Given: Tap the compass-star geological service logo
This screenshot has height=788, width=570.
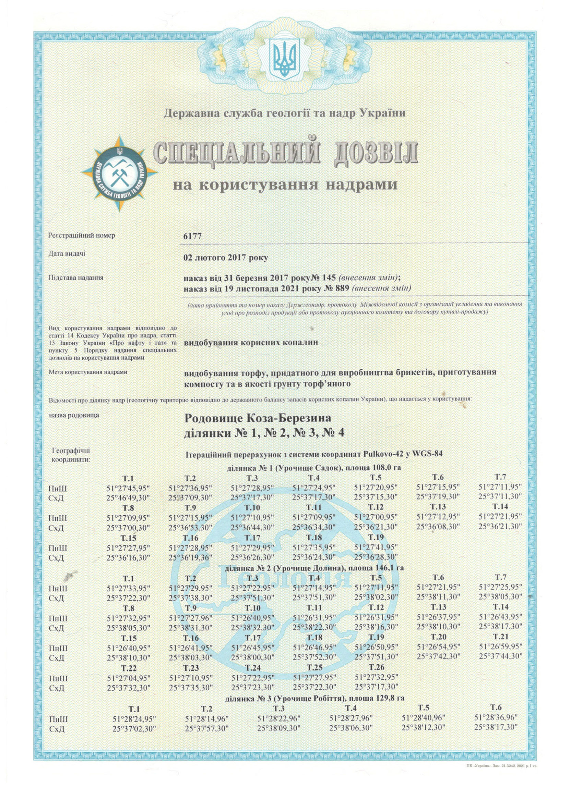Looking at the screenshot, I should pos(120,173).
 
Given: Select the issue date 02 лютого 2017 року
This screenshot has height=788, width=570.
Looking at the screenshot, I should pos(226,258).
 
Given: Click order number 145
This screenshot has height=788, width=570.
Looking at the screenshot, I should pos(328,278).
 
